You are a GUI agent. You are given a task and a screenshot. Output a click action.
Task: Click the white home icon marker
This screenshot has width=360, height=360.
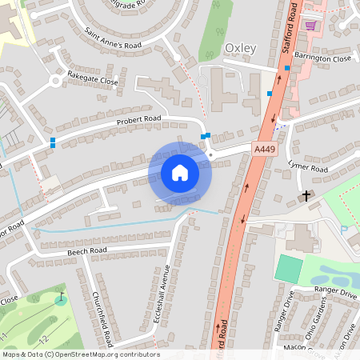coord(180,173)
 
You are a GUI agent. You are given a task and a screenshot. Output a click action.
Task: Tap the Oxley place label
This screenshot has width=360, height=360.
coord(240,49)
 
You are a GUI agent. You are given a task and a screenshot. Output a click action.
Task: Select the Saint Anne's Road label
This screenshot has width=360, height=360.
coord(114,38)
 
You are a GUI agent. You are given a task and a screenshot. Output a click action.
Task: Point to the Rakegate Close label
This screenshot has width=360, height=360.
coord(93,80)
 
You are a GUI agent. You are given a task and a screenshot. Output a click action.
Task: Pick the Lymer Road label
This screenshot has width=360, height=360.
coord(308,166)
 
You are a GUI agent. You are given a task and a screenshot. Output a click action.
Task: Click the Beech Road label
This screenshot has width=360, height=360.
coord(87,251)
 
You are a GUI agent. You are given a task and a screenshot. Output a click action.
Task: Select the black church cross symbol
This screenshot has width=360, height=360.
coord(305,195)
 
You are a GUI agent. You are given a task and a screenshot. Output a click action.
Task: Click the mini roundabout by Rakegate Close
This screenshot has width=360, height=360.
coord(56,80)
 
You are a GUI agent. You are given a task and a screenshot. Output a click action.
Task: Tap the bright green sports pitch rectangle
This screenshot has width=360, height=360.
coord(289,268)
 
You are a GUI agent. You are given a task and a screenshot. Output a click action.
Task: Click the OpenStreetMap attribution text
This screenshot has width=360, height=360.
coord(80,354)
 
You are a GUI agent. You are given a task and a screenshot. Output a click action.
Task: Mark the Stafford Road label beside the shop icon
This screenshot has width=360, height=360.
coord(291,28)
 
